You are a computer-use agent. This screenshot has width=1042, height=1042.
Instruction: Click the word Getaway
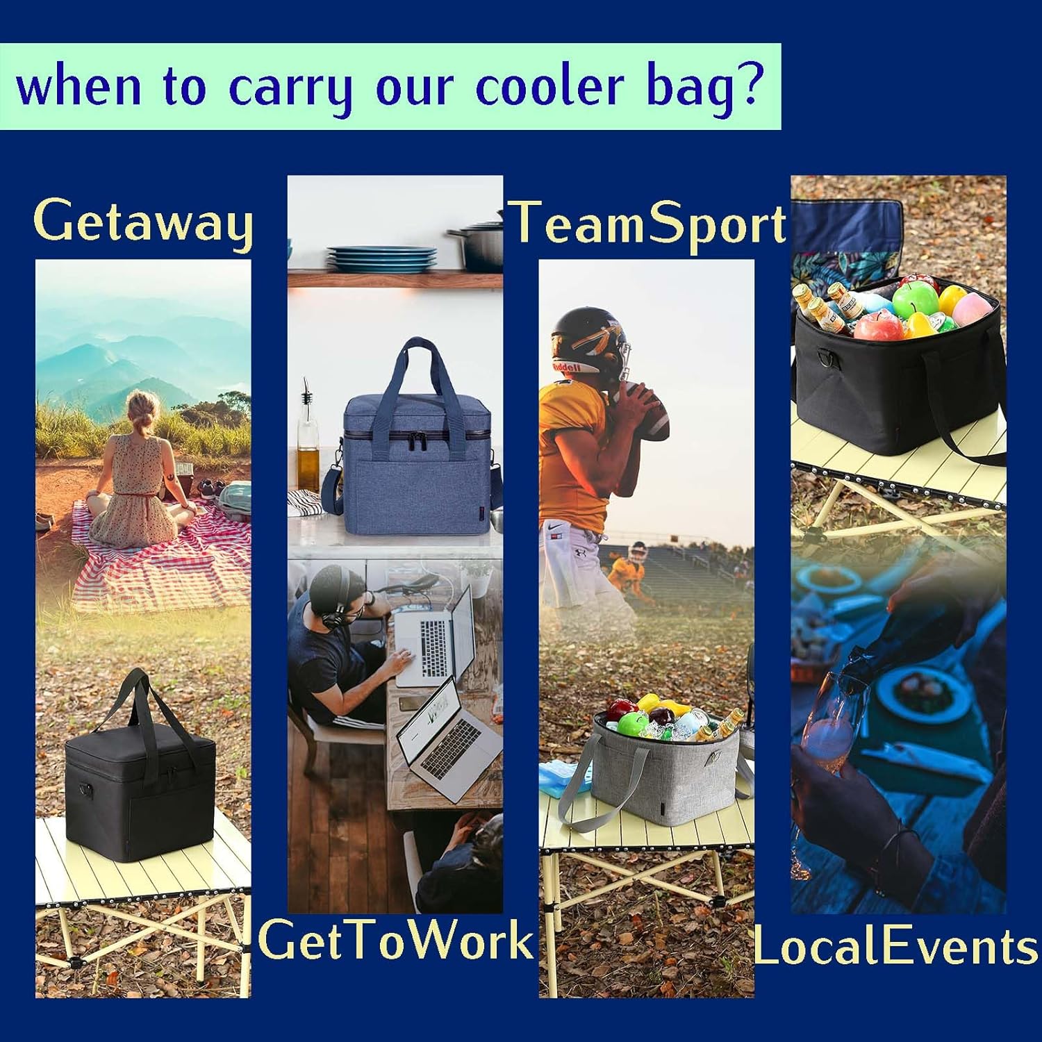click(143, 222)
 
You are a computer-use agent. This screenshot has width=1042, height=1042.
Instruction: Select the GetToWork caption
click(395, 940)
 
